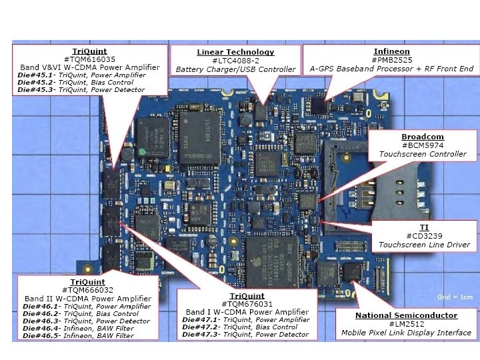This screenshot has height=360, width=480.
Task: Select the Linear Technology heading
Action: click(x=235, y=52)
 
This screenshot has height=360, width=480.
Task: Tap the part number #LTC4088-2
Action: click(x=235, y=61)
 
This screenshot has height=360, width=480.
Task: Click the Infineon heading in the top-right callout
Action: click(x=391, y=51)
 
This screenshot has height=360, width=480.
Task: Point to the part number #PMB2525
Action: click(x=391, y=60)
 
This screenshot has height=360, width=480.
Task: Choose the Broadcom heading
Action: click(x=423, y=137)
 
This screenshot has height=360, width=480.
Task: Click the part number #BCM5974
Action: click(x=423, y=145)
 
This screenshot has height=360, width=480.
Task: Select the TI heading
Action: click(x=424, y=227)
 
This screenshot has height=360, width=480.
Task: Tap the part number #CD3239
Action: click(x=424, y=236)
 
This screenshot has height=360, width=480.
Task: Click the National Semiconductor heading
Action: click(x=406, y=315)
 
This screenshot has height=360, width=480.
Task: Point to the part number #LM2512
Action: click(x=406, y=324)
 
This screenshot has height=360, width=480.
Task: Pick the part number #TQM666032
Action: click(x=87, y=290)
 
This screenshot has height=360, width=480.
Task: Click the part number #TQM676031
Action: click(x=247, y=304)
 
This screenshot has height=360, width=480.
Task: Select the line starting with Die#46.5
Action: click(x=78, y=336)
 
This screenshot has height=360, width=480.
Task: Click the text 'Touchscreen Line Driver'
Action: click(x=424, y=245)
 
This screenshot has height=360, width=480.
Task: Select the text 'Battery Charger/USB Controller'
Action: click(x=235, y=69)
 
